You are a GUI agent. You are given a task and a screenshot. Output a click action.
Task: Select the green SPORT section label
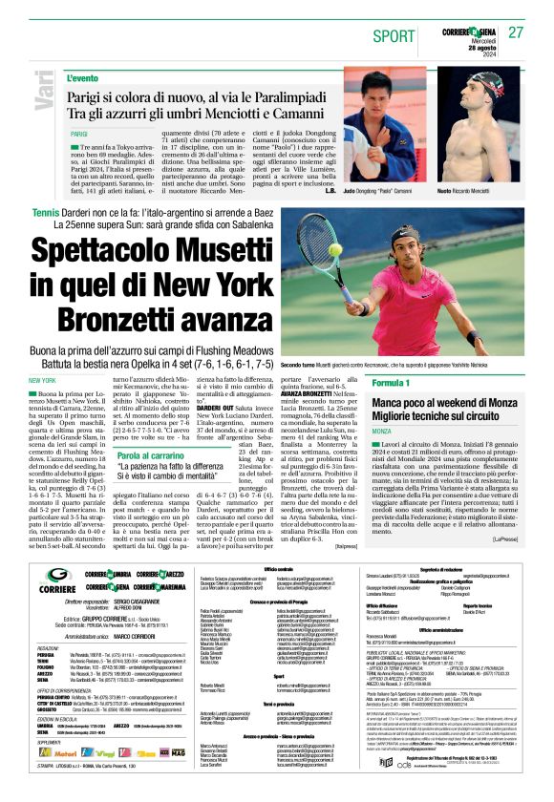(x=387, y=35)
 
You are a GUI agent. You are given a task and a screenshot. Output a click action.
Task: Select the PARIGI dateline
(x=78, y=135)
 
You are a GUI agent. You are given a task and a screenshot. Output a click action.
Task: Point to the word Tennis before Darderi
(x=45, y=210)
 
